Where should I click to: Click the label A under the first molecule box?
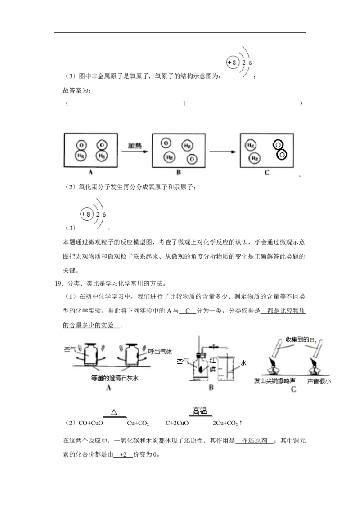tap(90, 172)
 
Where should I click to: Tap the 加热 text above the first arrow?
tap(135, 145)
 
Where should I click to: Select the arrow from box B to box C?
tap(223, 152)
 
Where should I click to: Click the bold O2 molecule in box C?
tap(280, 150)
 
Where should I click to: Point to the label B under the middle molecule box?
tap(178, 172)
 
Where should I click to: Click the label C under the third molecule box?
tap(267, 173)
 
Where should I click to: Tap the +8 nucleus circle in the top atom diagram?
tap(233, 62)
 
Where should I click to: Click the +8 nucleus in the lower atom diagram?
tap(87, 214)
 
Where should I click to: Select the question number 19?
tap(58, 283)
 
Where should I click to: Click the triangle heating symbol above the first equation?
tap(114, 412)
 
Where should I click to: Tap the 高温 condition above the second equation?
tap(200, 411)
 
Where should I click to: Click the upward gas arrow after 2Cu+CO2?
tap(241, 423)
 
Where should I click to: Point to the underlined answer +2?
tap(123, 455)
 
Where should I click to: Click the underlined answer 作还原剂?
tap(254, 441)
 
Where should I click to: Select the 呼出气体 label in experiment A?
tap(160, 352)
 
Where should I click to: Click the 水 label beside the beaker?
tap(243, 363)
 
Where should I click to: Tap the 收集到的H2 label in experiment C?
tap(301, 340)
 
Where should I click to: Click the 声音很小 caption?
tap(319, 381)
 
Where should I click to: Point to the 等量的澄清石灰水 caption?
tap(115, 378)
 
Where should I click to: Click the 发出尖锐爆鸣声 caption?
tap(275, 381)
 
